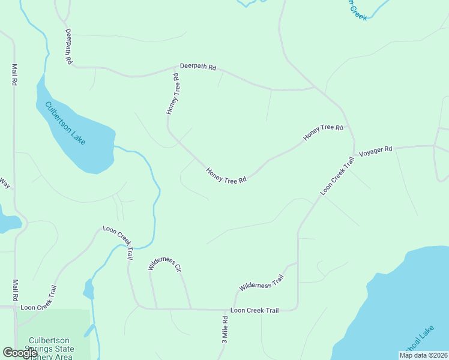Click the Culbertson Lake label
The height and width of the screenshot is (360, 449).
click(x=65, y=123)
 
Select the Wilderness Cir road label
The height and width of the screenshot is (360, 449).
click(x=165, y=264)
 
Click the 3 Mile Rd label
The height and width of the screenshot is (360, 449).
click(x=224, y=329)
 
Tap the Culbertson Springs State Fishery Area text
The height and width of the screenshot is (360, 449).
click(x=52, y=349)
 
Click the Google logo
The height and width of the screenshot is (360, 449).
click(x=20, y=353)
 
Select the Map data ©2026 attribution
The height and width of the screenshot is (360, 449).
click(x=423, y=355)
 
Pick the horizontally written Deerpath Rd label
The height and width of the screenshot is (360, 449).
click(x=197, y=67)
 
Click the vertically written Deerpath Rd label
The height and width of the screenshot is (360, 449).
click(x=69, y=47)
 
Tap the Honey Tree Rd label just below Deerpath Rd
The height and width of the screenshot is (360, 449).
click(x=173, y=94)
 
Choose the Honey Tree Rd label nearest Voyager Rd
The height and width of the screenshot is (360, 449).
click(x=323, y=133)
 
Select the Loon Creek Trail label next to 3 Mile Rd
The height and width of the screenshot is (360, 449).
click(x=255, y=310)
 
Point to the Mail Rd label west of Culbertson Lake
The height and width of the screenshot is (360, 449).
click(x=14, y=75)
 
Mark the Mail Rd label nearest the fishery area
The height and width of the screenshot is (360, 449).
click(x=14, y=290)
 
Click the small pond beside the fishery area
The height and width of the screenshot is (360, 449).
click(x=88, y=290)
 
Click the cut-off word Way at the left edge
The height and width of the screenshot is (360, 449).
click(x=4, y=183)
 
